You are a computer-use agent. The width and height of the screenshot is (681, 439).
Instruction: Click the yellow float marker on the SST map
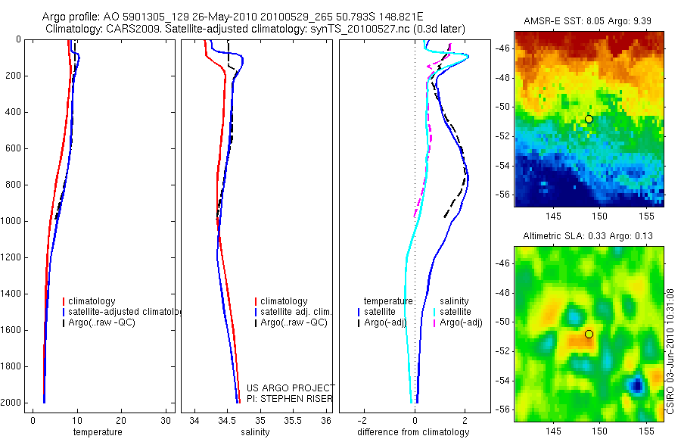(589, 119)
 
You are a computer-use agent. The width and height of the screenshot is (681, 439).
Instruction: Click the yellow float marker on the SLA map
(589, 334)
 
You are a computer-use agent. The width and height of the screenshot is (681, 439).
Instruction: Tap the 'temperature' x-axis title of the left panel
(97, 432)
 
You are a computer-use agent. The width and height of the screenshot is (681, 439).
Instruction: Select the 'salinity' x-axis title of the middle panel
(256, 432)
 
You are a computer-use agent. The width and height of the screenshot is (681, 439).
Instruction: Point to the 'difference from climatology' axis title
(413, 432)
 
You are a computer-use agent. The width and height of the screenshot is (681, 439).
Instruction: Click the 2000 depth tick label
(12, 403)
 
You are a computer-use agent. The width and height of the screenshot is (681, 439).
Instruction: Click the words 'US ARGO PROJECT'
(290, 388)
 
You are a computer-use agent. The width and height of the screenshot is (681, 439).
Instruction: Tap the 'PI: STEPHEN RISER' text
(290, 399)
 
